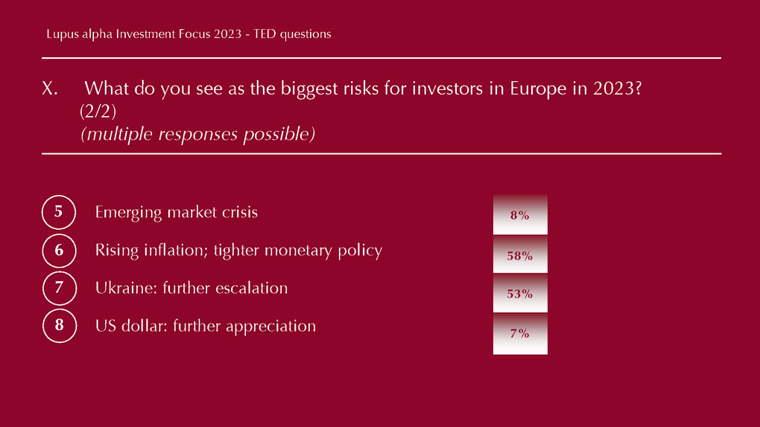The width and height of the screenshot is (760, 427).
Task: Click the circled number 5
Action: coord(59,212)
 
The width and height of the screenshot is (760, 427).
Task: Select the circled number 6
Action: coord(59,250)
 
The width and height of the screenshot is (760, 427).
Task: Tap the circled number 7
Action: coord(60,288)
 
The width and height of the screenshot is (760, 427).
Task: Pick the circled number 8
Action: coord(60,326)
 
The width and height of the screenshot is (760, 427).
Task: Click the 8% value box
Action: coord(520,214)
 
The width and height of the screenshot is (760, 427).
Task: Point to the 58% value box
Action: coord(520,254)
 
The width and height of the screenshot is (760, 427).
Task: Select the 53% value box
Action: coord(520,293)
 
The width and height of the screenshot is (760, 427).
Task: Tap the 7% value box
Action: coord(520,333)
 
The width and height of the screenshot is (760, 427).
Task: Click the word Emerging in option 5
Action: coord(128,213)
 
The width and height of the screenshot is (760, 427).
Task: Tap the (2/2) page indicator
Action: coord(98,112)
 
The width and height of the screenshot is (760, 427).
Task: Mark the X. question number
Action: coord(49,88)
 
